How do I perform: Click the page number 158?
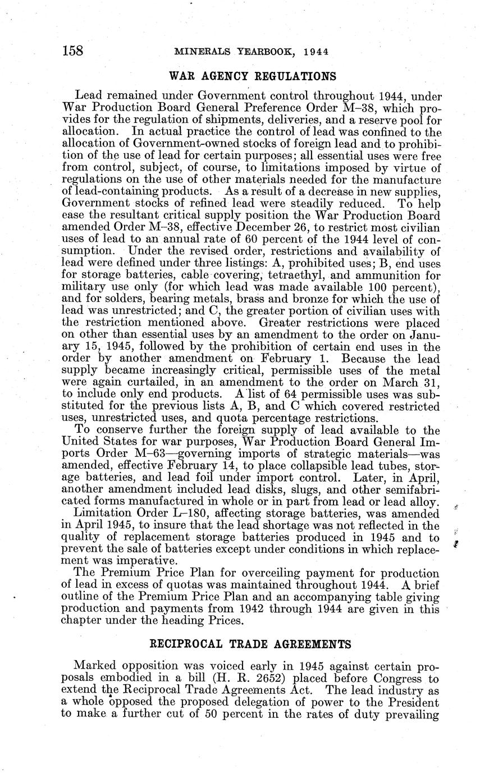pos(72,51)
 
